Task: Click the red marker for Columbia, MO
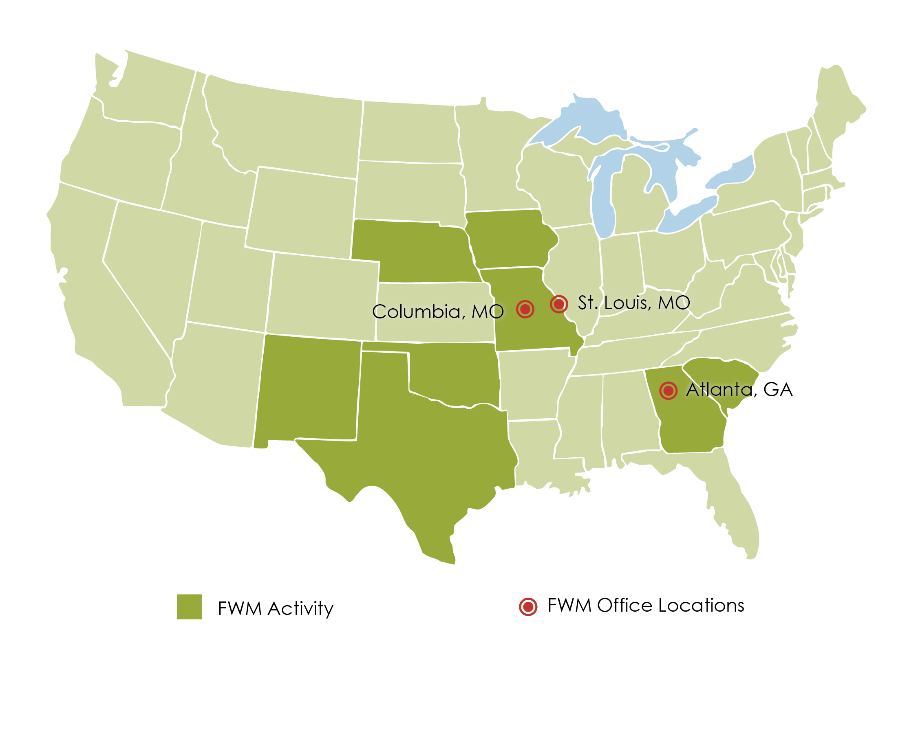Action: [525, 309]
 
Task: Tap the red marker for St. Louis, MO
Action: [559, 304]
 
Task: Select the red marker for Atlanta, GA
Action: [669, 391]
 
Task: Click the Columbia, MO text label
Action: [438, 312]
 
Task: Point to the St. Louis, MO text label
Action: [634, 303]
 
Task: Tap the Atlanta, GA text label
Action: [739, 390]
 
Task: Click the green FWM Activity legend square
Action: [189, 607]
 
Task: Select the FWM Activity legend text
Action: [276, 608]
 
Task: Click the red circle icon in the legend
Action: [528, 607]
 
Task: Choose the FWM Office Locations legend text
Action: [646, 606]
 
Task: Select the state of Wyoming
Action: [302, 211]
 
